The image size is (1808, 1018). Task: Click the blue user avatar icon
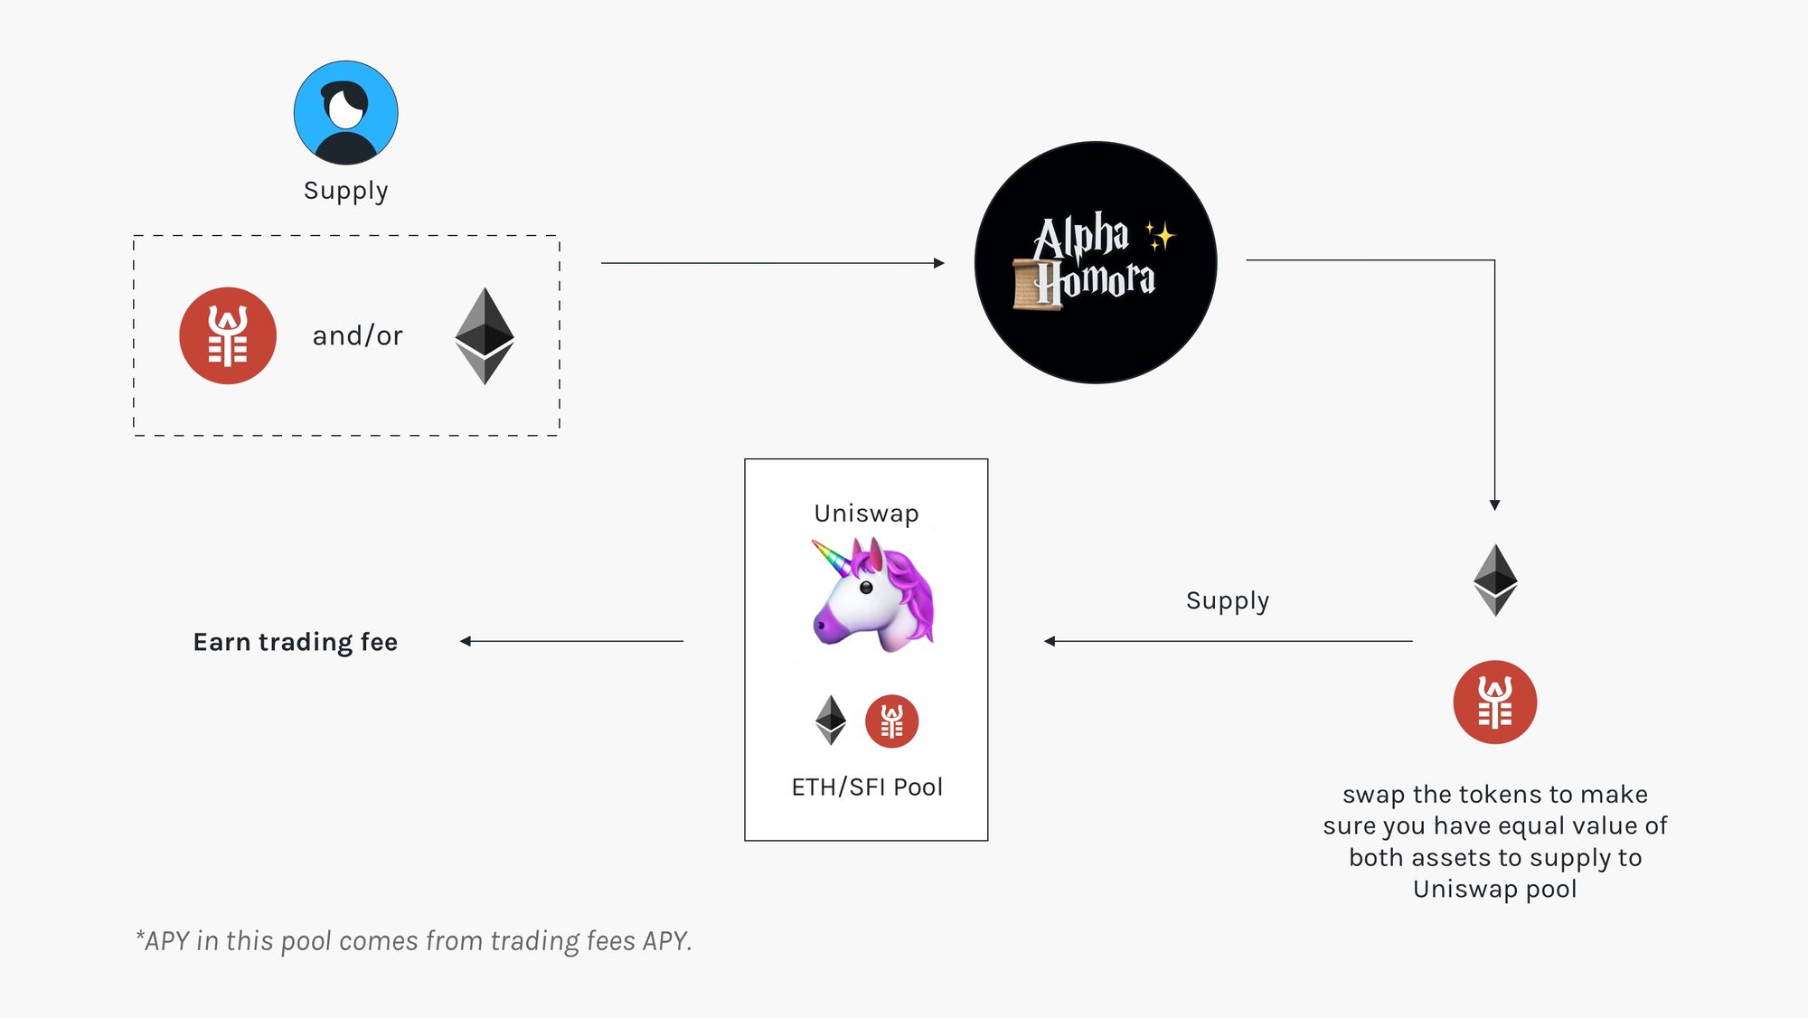click(345, 113)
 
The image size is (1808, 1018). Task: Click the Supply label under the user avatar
click(346, 191)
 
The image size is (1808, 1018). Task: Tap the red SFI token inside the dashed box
click(228, 335)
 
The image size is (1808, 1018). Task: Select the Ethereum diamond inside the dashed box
click(485, 335)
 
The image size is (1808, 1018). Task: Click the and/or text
click(358, 335)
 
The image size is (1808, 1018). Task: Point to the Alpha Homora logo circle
click(1096, 262)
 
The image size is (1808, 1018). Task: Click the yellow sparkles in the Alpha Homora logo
click(1160, 236)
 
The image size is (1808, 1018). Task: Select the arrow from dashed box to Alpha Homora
click(773, 263)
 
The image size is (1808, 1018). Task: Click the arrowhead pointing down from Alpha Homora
click(1494, 505)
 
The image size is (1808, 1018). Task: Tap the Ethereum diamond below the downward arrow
click(1495, 580)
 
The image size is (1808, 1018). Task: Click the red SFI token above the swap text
click(1495, 702)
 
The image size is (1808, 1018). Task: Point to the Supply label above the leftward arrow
click(1228, 601)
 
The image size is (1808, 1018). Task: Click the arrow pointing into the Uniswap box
click(1229, 641)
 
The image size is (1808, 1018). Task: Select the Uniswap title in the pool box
click(866, 514)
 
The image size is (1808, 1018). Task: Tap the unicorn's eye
click(866, 588)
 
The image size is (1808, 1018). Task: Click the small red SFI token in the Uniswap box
click(891, 721)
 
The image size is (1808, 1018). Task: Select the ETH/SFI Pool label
click(867, 787)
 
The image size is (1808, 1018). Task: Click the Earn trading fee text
click(296, 642)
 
